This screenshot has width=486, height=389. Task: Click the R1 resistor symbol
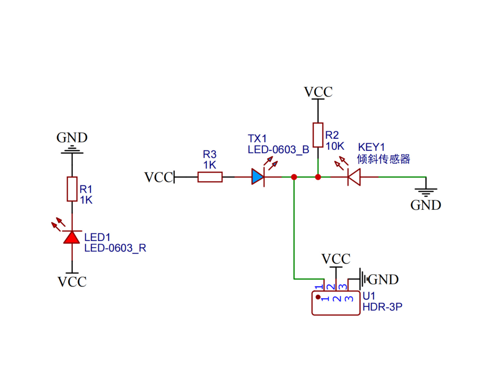coord(72,189)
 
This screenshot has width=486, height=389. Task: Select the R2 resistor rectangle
coord(318,135)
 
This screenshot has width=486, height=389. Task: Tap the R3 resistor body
coord(210,177)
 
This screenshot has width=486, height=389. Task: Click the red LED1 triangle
coord(72,238)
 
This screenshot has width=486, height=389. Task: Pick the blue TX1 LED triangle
coord(258,177)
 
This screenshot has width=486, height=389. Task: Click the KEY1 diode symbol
coord(354,177)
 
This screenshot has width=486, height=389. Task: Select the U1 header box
coord(336,303)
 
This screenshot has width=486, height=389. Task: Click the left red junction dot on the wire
coord(294,177)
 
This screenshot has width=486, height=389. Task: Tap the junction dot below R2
coord(318,177)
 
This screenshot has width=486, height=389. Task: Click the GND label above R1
coord(72,137)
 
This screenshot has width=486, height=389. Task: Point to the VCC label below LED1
coord(72,282)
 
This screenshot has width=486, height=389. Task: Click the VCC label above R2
coord(318,92)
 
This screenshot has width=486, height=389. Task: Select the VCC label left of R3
coord(158,177)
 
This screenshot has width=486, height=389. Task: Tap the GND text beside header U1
coord(383,279)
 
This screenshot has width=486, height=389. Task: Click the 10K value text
coord(335,146)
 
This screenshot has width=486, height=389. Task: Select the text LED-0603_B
coord(278,150)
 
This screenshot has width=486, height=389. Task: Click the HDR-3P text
coord(382,307)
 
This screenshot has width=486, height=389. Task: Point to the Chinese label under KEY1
coord(384,159)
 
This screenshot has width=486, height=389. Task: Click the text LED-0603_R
coord(115,248)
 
